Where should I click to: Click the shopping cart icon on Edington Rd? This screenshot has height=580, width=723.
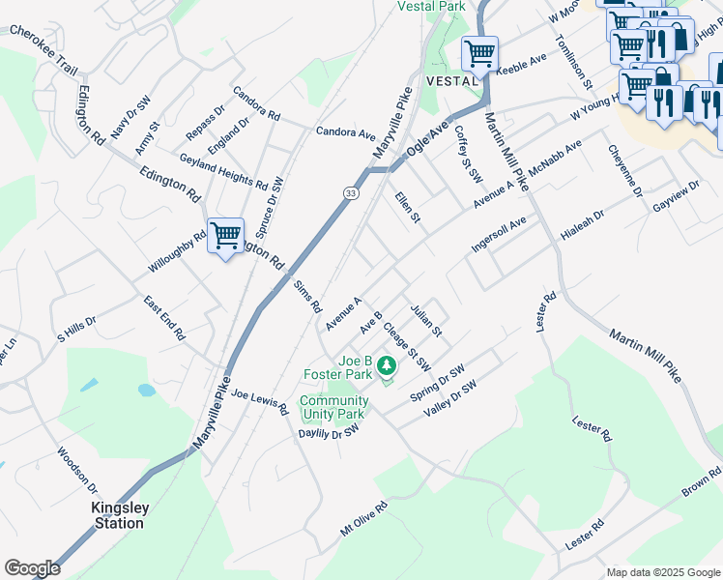tap(225, 235)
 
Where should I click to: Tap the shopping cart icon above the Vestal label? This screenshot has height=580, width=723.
tap(479, 53)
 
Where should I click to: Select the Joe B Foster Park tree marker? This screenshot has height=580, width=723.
tap(387, 365)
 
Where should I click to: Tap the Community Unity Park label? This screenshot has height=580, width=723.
tap(333, 407)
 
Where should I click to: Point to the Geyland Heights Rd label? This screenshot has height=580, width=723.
tap(222, 171)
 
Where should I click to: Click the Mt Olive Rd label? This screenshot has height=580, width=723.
tap(363, 519)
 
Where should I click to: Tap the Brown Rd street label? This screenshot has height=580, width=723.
tap(701, 480)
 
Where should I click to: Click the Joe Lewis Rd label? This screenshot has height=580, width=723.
tap(259, 402)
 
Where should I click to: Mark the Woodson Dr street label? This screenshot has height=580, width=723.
tap(76, 469)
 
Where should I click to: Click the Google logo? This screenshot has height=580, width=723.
tap(32, 567)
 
